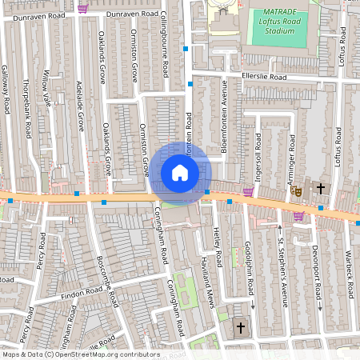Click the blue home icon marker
coord(180,173)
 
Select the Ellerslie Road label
coord(263,78)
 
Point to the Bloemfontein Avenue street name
coord(226,121)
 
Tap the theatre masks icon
coord(296,191)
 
